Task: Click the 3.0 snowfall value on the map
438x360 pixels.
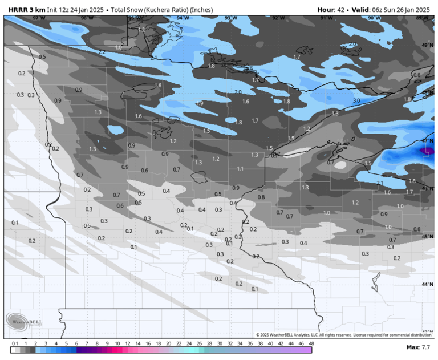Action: [356, 100]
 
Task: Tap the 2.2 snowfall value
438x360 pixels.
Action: [102, 52]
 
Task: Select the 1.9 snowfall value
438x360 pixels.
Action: [199, 103]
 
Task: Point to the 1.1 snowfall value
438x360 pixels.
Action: [240, 169]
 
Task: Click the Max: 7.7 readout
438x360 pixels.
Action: [418, 347]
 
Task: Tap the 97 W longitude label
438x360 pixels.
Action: [38, 18]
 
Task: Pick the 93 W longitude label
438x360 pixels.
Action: [230, 18]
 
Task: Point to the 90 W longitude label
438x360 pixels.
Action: [374, 18]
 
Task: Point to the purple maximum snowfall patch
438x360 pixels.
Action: [425, 150]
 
